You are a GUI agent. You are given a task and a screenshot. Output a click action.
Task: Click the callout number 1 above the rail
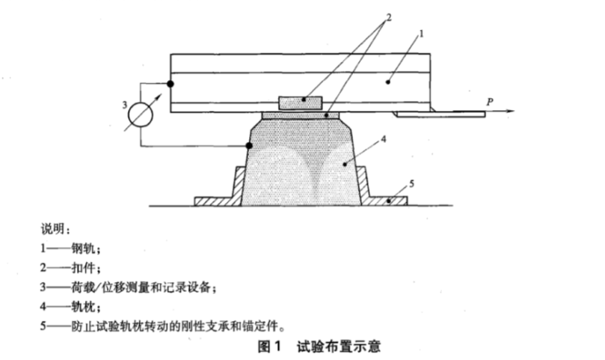[x=421, y=34]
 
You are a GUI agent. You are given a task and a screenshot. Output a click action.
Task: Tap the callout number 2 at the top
[x=389, y=17]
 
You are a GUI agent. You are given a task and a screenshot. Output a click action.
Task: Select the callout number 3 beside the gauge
[x=125, y=105]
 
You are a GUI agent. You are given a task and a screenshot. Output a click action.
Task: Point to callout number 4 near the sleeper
[x=384, y=139]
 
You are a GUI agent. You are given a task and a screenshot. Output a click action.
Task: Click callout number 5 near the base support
[x=412, y=184]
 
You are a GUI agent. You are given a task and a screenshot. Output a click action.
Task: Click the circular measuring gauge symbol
[x=141, y=115]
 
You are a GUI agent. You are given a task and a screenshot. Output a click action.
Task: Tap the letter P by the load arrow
[x=490, y=102]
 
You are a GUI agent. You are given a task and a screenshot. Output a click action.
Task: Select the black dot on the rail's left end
[x=171, y=84]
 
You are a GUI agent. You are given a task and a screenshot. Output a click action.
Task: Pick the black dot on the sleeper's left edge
[x=249, y=146]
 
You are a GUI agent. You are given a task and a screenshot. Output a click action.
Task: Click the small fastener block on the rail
[x=300, y=103]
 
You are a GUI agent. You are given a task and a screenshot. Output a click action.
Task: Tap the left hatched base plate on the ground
[x=219, y=189]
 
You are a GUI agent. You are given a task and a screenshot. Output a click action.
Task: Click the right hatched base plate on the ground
[x=382, y=189]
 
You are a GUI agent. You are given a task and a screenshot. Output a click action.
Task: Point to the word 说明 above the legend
[x=53, y=229]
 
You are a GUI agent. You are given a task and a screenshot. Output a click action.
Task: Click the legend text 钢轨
[x=83, y=248]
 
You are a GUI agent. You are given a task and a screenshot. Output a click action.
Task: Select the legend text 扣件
[x=83, y=268]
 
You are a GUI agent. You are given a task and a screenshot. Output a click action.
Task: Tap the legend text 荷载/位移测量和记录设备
[x=141, y=287]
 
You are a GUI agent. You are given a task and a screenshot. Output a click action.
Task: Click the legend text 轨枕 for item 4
[x=83, y=307]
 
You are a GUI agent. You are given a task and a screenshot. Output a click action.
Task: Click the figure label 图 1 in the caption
[x=270, y=347]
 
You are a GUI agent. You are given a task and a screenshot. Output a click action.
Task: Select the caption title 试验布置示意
[x=339, y=347]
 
